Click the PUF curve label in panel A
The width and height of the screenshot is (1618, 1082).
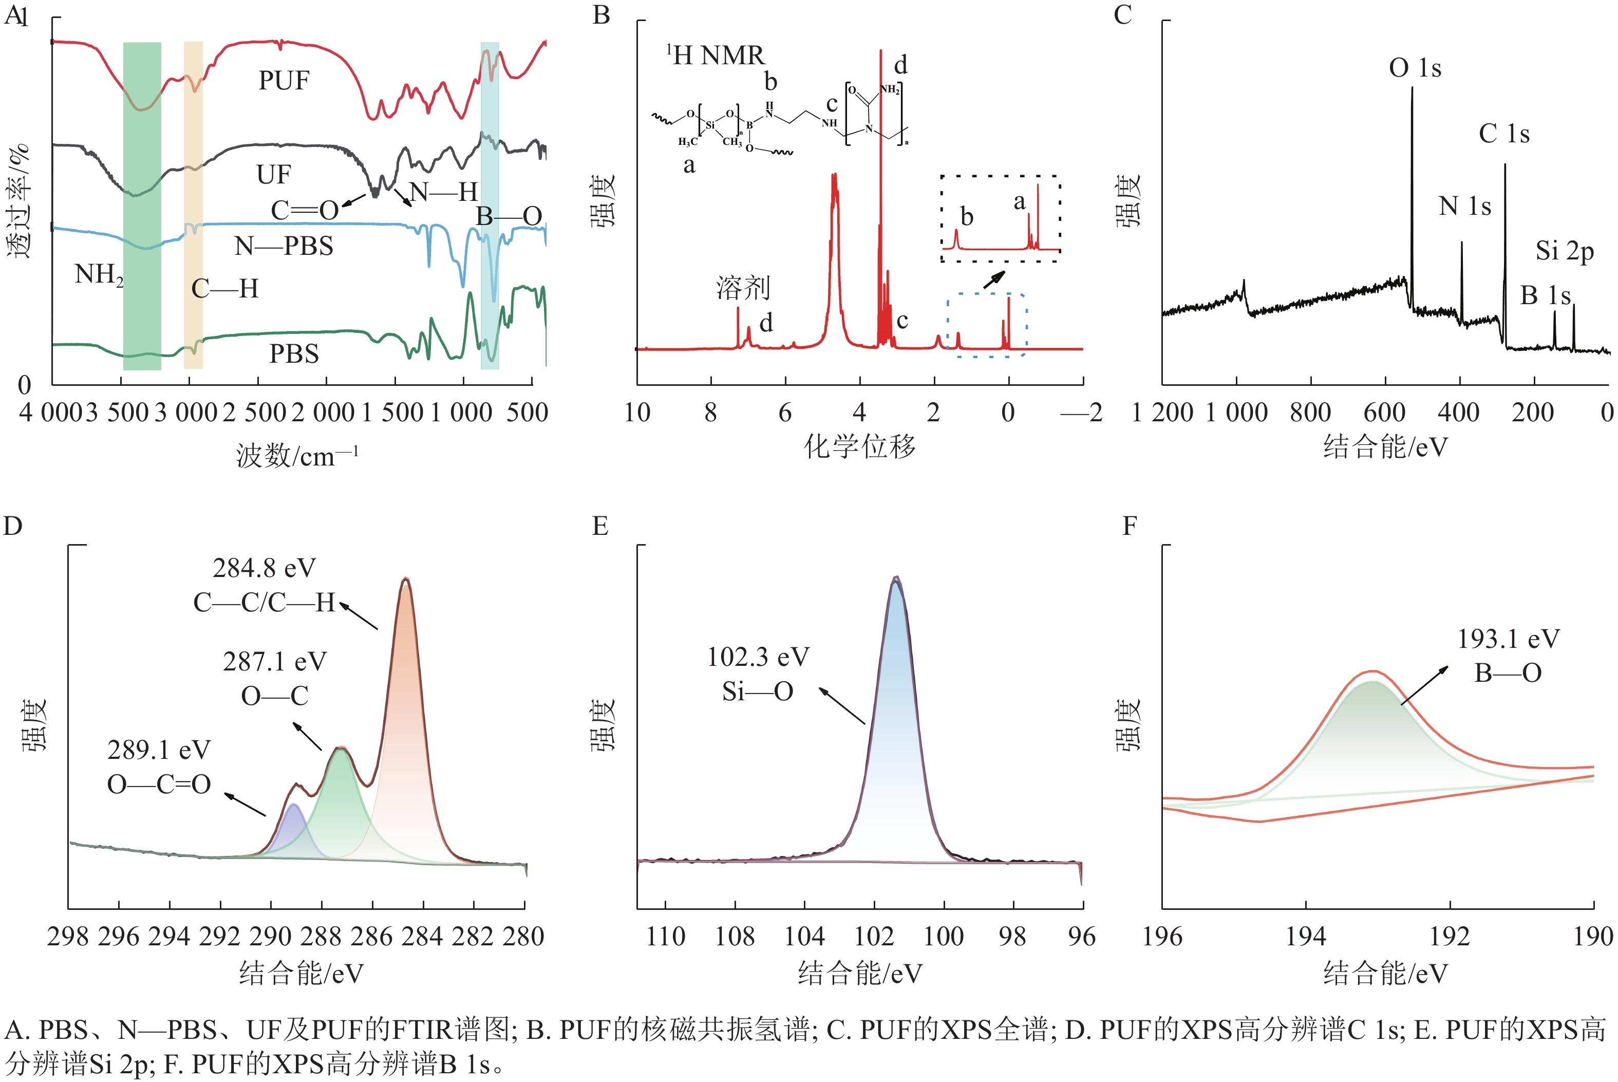tap(284, 81)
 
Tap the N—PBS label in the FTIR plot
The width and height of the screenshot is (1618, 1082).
tap(284, 246)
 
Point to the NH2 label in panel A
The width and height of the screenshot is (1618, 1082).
tap(99, 275)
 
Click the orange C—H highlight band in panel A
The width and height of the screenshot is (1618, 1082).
tap(193, 207)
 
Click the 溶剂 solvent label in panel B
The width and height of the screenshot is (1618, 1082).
tap(743, 287)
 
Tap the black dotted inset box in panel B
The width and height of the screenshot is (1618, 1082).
tap(1000, 218)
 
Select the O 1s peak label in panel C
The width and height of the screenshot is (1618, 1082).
tap(1415, 68)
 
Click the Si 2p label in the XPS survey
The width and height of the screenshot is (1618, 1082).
tap(1564, 251)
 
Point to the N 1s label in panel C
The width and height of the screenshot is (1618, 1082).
tap(1464, 207)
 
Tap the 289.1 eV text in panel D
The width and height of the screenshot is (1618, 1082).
tap(159, 750)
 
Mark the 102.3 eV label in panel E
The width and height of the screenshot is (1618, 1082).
tap(758, 658)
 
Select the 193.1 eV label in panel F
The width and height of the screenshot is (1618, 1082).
tap(1509, 639)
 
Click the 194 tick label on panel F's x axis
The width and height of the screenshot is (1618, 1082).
tap(1306, 937)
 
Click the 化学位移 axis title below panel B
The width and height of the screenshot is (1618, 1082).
tap(859, 446)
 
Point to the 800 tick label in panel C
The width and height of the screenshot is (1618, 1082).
tap(1310, 413)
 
